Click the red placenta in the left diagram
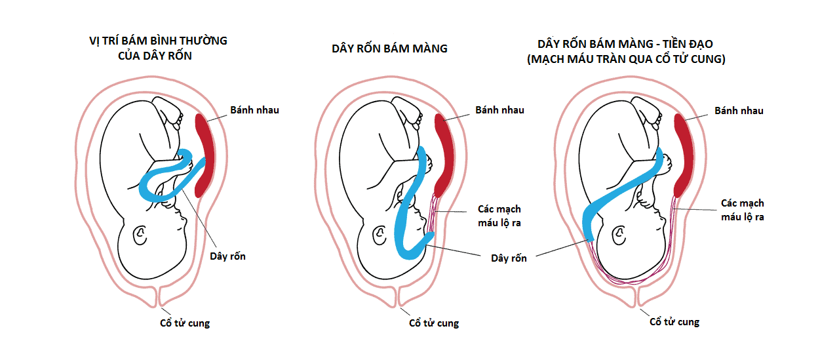click(x=206, y=155)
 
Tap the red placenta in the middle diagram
click(x=445, y=155)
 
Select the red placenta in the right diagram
click(x=684, y=155)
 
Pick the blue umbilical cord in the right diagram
click(x=623, y=190)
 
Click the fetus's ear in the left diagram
click(x=140, y=235)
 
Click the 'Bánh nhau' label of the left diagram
click(x=254, y=110)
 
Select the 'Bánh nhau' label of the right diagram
click(x=739, y=111)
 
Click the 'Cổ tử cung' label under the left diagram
click(x=185, y=323)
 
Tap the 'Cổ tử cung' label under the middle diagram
click(x=434, y=323)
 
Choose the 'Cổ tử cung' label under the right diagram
click(x=674, y=322)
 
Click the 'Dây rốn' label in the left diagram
click(x=227, y=256)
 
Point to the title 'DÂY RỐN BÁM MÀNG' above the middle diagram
click(x=389, y=48)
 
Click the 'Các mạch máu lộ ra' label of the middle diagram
click(x=499, y=216)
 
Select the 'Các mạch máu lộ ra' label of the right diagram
click(x=742, y=210)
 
